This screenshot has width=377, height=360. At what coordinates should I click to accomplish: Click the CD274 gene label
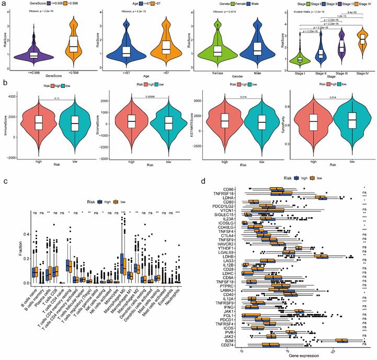pyautogui.click(x=230, y=345)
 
